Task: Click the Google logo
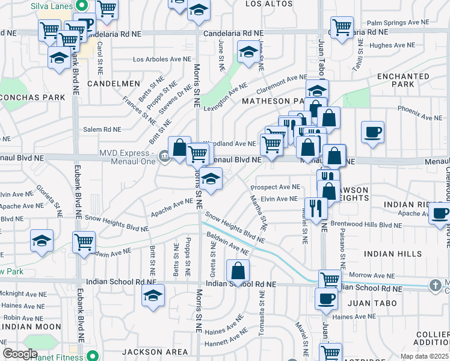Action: point(20,354)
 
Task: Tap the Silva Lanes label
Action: point(50,6)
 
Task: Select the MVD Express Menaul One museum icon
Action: point(164,158)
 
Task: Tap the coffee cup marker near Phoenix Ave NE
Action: point(372,132)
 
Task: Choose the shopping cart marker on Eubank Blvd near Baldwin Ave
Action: point(84,241)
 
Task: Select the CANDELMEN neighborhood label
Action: point(114,84)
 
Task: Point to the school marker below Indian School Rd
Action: point(153,295)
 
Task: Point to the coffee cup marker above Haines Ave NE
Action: point(327,298)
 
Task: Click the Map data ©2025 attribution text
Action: point(425,356)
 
